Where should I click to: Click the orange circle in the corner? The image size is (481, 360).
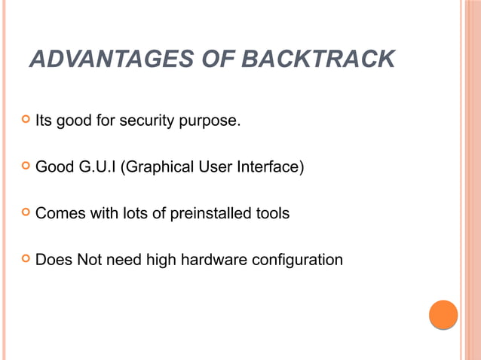click(443, 315)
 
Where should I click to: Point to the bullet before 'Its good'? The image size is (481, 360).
click(25, 119)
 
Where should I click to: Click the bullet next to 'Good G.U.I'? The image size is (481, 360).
click(25, 166)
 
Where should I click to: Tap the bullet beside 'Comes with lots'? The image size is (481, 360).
click(25, 214)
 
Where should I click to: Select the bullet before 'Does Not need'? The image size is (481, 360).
click(25, 261)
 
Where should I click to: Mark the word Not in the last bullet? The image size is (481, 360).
click(87, 261)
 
